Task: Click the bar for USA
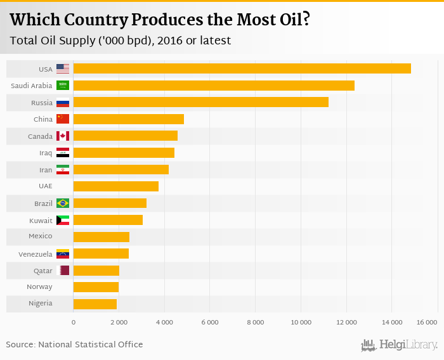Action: pyautogui.click(x=242, y=68)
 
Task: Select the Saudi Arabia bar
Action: pyautogui.click(x=214, y=86)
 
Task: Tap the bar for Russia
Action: pyautogui.click(x=200, y=102)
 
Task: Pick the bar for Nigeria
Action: pyautogui.click(x=95, y=304)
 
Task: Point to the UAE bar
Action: pyautogui.click(x=116, y=186)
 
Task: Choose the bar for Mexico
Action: pyautogui.click(x=101, y=236)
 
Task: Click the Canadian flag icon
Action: pyautogui.click(x=63, y=136)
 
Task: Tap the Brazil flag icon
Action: pyautogui.click(x=63, y=203)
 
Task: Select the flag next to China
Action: pyautogui.click(x=63, y=119)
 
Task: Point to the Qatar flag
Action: pyautogui.click(x=63, y=270)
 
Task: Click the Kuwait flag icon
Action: pyautogui.click(x=63, y=220)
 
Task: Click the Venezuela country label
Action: pyautogui.click(x=36, y=254)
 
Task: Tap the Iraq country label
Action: pyautogui.click(x=46, y=153)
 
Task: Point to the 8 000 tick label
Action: pyautogui.click(x=255, y=323)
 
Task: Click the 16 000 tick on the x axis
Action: pyautogui.click(x=428, y=323)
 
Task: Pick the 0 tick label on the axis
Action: pyautogui.click(x=74, y=323)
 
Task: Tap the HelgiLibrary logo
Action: pyautogui.click(x=400, y=345)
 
